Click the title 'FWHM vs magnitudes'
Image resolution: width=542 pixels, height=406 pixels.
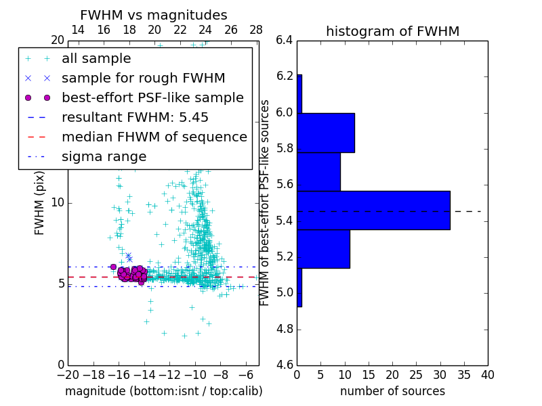pos(154,16)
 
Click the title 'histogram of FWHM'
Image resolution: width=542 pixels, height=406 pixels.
pos(392,32)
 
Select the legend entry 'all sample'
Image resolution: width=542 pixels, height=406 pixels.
pos(96,59)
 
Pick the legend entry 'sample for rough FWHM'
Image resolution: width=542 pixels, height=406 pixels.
pos(143,78)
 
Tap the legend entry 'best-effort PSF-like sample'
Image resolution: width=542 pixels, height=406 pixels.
pos(152,98)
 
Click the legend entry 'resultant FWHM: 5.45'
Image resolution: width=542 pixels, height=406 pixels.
pos(135,118)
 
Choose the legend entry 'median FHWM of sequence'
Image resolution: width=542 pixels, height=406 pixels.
pos(154,137)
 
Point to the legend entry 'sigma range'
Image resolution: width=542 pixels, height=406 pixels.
pos(104,157)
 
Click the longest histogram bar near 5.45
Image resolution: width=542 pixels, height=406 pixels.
pos(373,210)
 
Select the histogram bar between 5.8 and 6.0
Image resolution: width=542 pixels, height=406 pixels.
pos(326,133)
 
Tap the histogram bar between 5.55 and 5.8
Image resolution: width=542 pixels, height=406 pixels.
pos(318,172)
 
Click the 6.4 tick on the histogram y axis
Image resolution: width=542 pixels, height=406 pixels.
pos(285,41)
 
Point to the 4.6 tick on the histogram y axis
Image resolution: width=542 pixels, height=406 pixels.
pos(285,365)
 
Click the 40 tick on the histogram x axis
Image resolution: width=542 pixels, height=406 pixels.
pos(488,374)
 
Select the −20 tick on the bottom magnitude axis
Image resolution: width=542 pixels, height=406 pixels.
pos(68,374)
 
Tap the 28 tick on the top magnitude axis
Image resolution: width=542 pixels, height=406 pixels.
pos(256,30)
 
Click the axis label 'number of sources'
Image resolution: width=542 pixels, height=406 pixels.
pos(392,391)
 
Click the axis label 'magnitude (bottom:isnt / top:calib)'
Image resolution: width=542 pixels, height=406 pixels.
pos(163,391)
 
